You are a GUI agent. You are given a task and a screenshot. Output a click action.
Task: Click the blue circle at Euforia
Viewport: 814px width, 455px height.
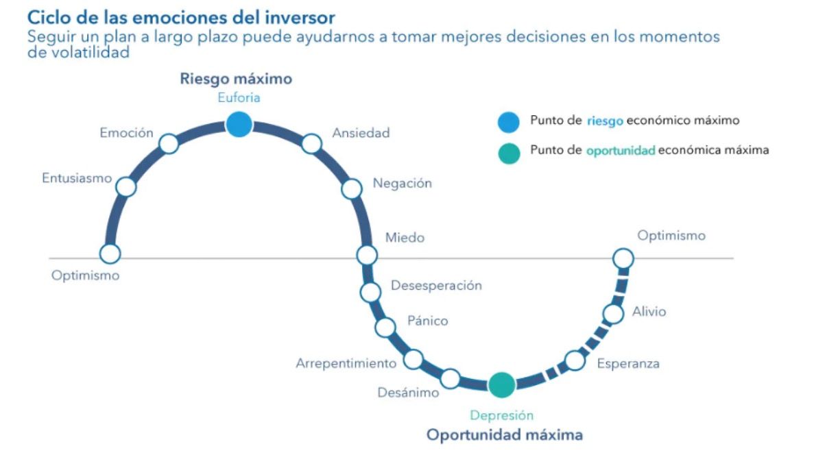239,125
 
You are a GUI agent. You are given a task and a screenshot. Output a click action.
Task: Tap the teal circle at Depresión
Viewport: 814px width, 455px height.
501,384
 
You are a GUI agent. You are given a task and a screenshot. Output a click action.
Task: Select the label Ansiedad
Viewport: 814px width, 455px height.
361,133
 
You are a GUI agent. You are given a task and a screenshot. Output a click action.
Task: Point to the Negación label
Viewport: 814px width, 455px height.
402,183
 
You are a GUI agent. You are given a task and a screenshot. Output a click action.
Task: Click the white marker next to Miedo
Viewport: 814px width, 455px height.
367,255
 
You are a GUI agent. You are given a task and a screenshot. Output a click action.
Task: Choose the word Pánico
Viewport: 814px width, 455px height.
427,320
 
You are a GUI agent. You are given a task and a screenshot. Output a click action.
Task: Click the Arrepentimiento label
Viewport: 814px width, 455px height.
346,363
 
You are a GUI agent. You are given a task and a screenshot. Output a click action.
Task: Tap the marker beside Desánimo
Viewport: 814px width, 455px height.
450,378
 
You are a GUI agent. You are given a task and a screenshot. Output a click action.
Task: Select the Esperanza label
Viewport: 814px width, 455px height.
627,363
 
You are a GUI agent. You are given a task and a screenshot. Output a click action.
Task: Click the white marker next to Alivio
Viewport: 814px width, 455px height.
613,314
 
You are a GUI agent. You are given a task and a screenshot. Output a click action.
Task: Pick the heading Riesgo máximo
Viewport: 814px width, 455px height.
236,79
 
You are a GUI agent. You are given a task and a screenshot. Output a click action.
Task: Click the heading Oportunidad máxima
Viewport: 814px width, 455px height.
505,434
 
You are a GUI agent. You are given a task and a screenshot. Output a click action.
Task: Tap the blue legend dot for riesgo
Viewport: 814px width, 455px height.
509,122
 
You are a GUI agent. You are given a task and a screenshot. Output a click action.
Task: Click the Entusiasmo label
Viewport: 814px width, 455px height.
77,178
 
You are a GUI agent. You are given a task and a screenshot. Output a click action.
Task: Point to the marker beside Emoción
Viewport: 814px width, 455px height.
169,144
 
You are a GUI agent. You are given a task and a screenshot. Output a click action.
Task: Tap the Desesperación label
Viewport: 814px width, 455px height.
436,285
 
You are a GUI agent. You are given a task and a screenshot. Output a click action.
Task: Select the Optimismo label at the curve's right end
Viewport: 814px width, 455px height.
671,236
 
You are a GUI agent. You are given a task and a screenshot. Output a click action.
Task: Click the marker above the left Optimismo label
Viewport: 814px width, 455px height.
110,254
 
